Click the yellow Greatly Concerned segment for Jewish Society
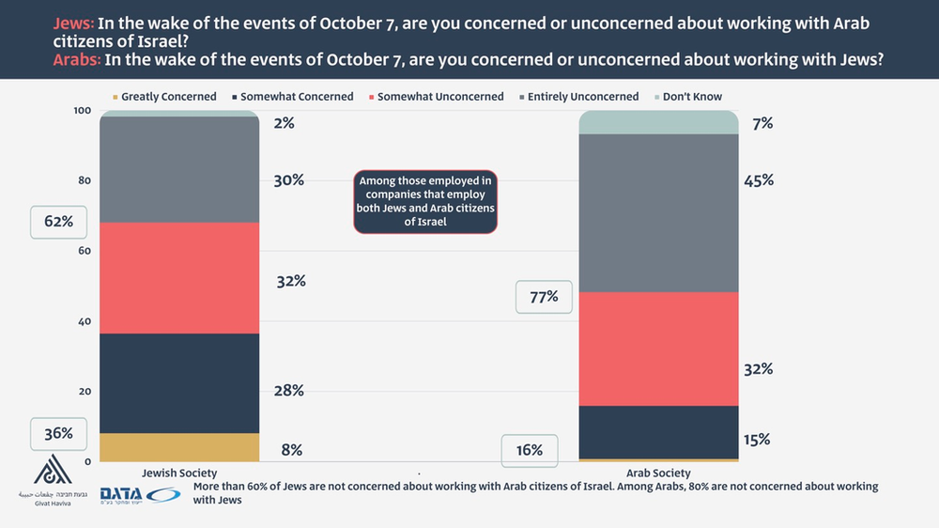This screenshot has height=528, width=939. pos(178,447)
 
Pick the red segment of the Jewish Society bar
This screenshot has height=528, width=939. pos(178,278)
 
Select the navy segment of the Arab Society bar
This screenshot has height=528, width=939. pos(658,432)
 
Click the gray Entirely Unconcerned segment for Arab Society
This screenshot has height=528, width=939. pos(658,213)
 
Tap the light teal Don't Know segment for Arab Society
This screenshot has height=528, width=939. pos(658,122)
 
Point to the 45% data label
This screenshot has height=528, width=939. pos(758,179)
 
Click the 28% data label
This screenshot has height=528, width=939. pos(289,390)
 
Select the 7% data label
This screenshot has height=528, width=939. pos(762,122)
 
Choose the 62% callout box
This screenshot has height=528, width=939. pos(58,223)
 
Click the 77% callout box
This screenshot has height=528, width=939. pos(544,297)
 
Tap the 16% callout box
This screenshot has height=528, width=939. pos(530,450)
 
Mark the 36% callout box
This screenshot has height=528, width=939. pos(58,433)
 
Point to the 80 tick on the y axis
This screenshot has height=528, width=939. pos(84,180)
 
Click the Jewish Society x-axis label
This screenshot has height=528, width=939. pos(178,474)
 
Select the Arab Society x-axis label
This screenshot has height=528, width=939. pos(658,474)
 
